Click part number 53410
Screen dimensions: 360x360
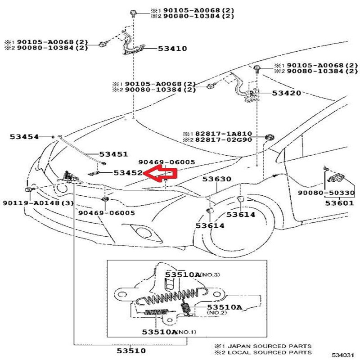click(x=172, y=49)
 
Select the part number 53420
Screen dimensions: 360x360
click(x=287, y=93)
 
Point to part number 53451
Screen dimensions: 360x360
click(x=113, y=154)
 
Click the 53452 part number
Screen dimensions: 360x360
click(x=128, y=172)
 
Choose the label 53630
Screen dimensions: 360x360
click(x=216, y=179)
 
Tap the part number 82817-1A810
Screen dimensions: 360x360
click(x=223, y=134)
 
